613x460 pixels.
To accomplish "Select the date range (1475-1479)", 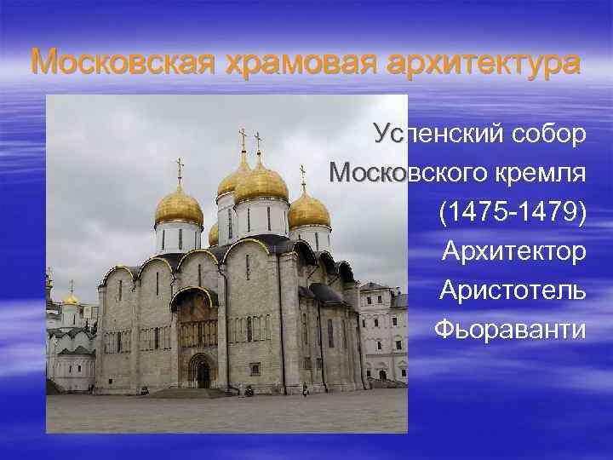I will (513, 212).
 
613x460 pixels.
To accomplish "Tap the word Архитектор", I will (514, 250).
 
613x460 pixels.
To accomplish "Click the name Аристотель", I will (513, 290).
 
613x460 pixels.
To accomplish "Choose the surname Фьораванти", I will (510, 329).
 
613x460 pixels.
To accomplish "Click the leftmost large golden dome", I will (179, 208).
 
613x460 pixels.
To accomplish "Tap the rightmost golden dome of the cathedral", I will (309, 210).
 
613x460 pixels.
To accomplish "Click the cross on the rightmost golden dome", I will (302, 174).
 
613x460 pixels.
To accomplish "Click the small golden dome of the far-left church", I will (72, 299).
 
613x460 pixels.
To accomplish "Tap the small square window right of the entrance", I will (254, 367).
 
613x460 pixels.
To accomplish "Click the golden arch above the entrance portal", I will (195, 294).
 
